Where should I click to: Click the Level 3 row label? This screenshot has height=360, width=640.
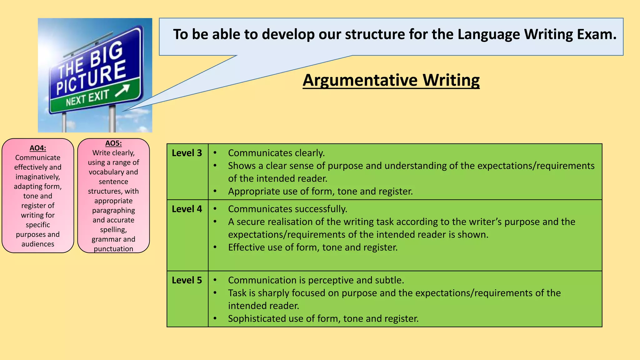pyautogui.click(x=187, y=153)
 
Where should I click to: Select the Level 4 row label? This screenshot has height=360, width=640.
pyautogui.click(x=187, y=209)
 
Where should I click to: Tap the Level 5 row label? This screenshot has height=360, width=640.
pyautogui.click(x=187, y=280)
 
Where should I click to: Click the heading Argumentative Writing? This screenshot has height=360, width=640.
pyautogui.click(x=391, y=80)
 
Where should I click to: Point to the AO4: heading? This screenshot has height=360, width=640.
pyautogui.click(x=38, y=148)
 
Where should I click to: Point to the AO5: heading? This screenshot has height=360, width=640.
pyautogui.click(x=113, y=143)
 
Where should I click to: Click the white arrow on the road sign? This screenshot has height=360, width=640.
pyautogui.click(x=122, y=91)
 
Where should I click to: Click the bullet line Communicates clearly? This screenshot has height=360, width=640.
pyautogui.click(x=276, y=153)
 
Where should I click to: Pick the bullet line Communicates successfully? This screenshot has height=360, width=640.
pyautogui.click(x=287, y=209)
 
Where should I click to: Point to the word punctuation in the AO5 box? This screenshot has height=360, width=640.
pyautogui.click(x=113, y=249)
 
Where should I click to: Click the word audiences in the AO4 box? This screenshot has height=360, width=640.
pyautogui.click(x=38, y=244)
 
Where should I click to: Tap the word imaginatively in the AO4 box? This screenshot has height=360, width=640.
pyautogui.click(x=37, y=177)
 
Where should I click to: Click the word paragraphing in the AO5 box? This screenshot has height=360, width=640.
pyautogui.click(x=113, y=211)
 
